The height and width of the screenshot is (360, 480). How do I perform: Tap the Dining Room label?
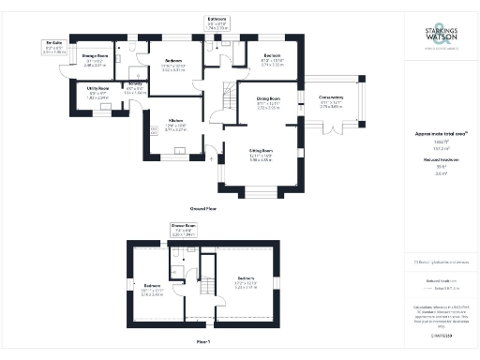[x=270, y=99]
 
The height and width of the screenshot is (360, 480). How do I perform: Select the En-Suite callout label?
[x=55, y=45]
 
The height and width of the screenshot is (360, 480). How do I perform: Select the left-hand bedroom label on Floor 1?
[x=152, y=287]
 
